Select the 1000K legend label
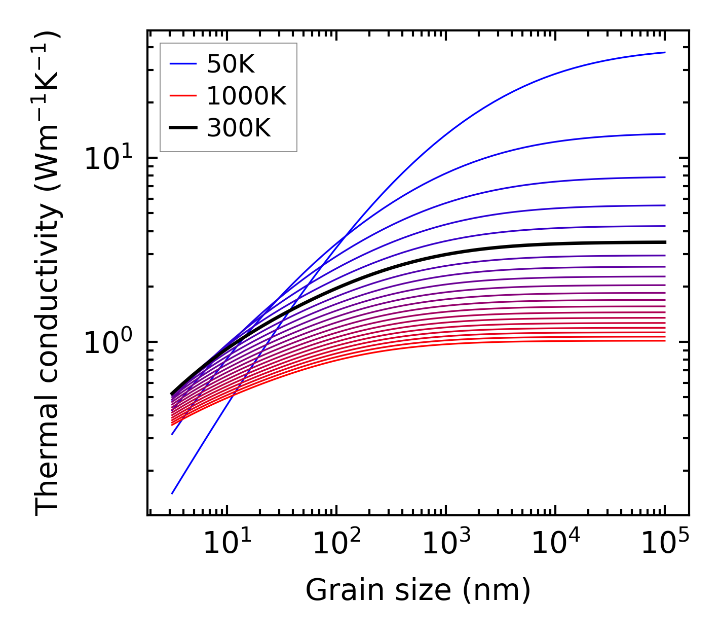coord(246,96)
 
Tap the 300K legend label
coord(239,128)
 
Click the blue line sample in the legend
coord(183,64)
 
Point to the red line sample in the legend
coord(183,96)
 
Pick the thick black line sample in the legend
coord(183,128)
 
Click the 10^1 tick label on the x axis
coord(226,545)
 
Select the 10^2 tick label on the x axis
coord(336,545)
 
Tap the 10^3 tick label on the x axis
coord(445,545)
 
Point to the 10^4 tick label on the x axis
coord(555,545)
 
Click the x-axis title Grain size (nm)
coord(418,590)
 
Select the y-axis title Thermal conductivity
coord(48,273)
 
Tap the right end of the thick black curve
coord(664,242)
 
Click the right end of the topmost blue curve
coord(664,52)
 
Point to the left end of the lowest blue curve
coord(172,493)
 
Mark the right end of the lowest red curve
coord(664,340)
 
